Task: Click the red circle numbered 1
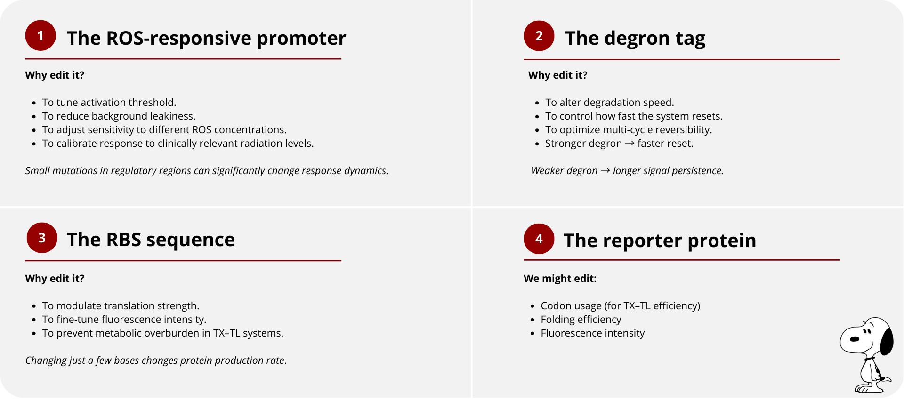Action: tap(40, 36)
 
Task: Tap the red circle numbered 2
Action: tap(539, 36)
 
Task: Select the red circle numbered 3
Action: tap(42, 238)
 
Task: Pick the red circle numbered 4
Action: tap(539, 239)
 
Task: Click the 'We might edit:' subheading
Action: tap(560, 279)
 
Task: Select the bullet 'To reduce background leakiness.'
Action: tap(119, 116)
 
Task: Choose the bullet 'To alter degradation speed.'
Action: tap(610, 103)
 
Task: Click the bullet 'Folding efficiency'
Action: tap(581, 320)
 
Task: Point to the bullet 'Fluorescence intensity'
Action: tap(593, 333)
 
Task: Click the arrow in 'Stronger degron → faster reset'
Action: tap(630, 143)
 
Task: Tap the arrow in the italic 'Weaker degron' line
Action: tap(605, 170)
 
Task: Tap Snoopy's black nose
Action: tap(854, 339)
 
